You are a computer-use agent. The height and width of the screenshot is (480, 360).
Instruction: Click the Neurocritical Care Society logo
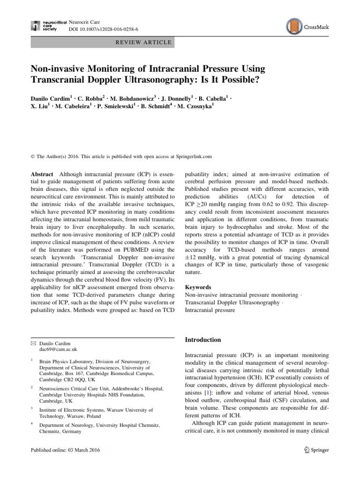click(x=44, y=25)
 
